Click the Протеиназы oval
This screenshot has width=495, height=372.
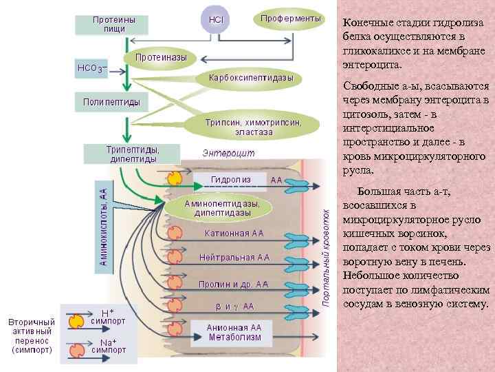pos(160,57)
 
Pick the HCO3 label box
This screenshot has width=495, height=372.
pos(90,69)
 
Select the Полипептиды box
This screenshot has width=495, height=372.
pos(111,103)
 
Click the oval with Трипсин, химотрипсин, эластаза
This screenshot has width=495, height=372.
pos(253,126)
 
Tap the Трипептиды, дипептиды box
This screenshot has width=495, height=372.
pos(132,154)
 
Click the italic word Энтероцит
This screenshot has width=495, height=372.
pos(228,153)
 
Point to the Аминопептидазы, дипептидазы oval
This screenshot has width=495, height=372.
pos(221,209)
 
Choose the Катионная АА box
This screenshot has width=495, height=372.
pos(234,234)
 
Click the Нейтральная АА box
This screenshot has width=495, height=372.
pos(234,258)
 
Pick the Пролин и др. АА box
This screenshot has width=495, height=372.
pos(233,283)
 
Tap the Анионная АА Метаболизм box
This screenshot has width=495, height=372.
pos(234,332)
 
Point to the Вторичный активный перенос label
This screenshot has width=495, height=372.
pos(32,335)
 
